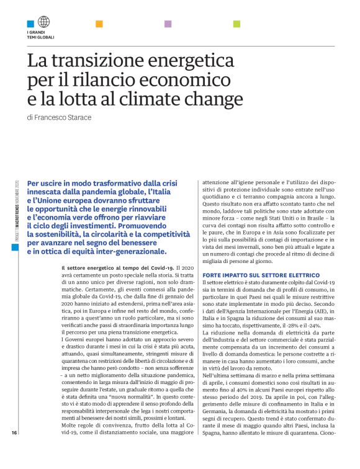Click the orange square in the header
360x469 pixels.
pos(99,24)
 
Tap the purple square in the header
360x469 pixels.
pos(168,24)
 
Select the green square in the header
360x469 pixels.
pos(236,24)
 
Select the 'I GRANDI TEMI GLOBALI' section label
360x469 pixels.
pos(40,35)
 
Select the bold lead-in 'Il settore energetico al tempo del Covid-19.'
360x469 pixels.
pos(120,267)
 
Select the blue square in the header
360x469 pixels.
pos(30,24)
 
